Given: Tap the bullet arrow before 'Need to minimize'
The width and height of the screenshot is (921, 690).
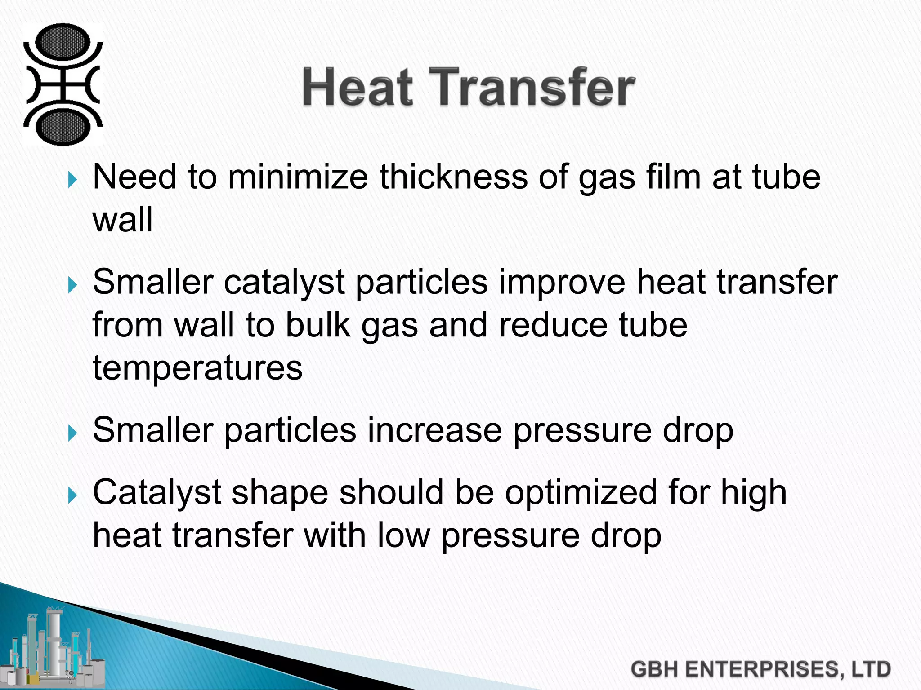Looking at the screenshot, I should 72,181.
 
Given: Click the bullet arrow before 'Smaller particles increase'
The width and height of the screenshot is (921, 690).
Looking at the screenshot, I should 72,434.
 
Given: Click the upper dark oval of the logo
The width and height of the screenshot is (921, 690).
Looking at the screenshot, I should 63,43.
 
